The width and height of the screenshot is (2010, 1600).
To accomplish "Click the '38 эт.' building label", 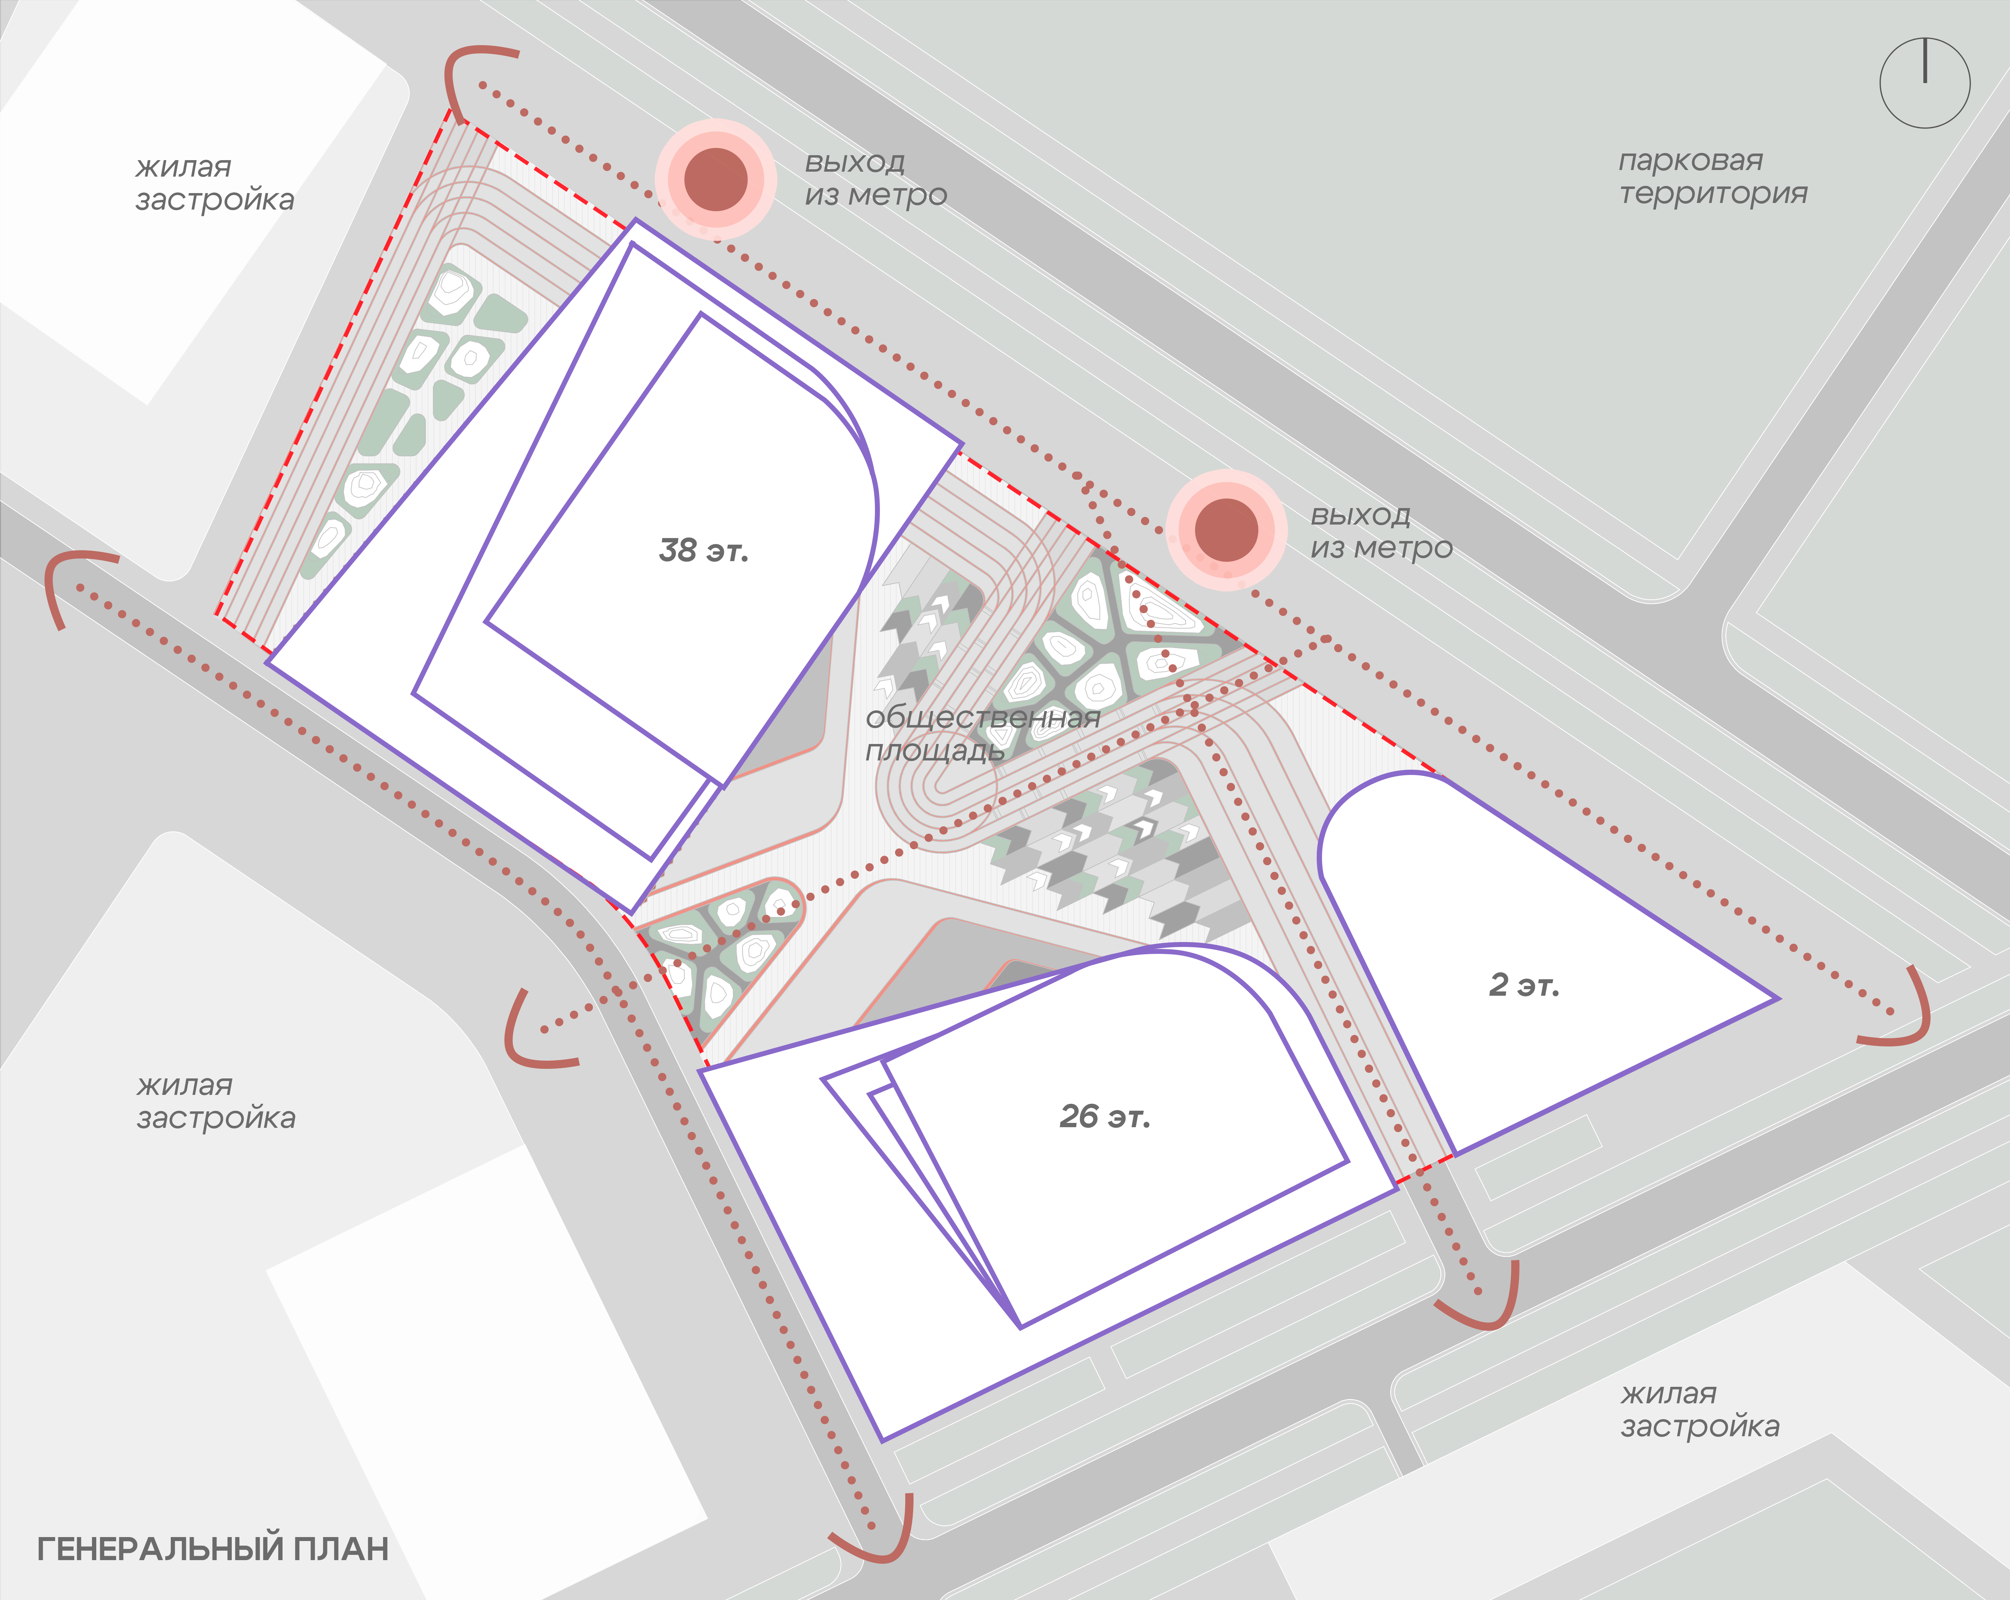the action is pos(704,551).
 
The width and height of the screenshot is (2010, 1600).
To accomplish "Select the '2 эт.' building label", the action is pos(1524,985).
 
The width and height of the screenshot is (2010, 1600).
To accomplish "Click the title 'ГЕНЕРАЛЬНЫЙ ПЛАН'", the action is pos(213,1549).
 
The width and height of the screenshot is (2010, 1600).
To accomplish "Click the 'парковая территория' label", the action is pos(1713,177).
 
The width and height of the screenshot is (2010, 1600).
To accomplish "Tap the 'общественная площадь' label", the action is pos(983,733).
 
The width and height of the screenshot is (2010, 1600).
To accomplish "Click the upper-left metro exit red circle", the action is pos(716,179).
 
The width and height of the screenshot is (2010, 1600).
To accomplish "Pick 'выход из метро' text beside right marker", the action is pos(1382,531).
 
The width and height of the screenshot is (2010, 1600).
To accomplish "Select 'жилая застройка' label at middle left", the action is pos(215,1101).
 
